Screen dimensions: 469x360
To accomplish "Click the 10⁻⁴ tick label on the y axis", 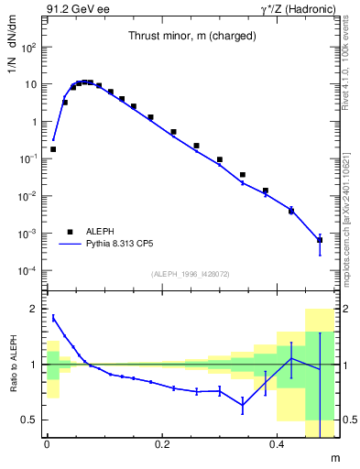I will (x=27, y=271).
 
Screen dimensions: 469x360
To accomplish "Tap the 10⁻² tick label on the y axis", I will (x=27, y=197).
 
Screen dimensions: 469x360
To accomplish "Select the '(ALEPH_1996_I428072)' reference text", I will (x=190, y=274).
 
